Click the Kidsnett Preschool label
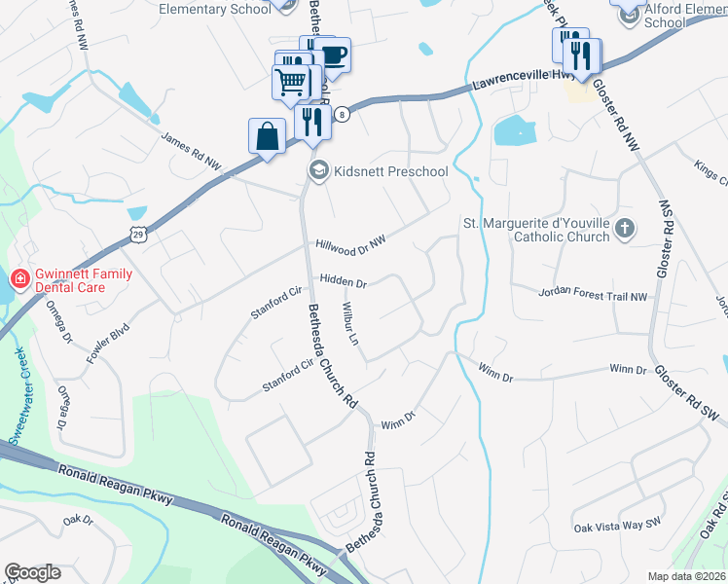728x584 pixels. pos(390,172)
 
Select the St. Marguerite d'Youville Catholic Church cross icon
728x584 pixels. pos(624,230)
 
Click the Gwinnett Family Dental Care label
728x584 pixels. pos(83,280)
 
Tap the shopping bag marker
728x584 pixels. pos(267,137)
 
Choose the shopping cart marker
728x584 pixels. pos(291,85)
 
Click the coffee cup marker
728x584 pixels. pos(332,55)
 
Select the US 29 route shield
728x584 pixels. pos(139,234)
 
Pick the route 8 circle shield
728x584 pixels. pos(342,114)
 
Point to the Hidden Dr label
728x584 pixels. pos(342,282)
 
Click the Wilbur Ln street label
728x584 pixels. pos(350,325)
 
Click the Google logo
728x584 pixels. pos(33,572)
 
